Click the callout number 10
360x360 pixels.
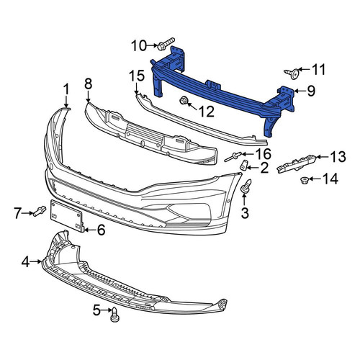click(138, 45)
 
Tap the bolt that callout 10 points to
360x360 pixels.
click(166, 43)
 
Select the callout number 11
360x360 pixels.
click(318, 70)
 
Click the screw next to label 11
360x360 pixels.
click(292, 73)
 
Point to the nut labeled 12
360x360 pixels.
click(184, 100)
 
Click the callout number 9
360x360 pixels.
click(311, 91)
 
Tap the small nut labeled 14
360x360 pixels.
click(305, 179)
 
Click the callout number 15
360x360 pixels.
click(137, 76)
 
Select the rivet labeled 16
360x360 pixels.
click(232, 157)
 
